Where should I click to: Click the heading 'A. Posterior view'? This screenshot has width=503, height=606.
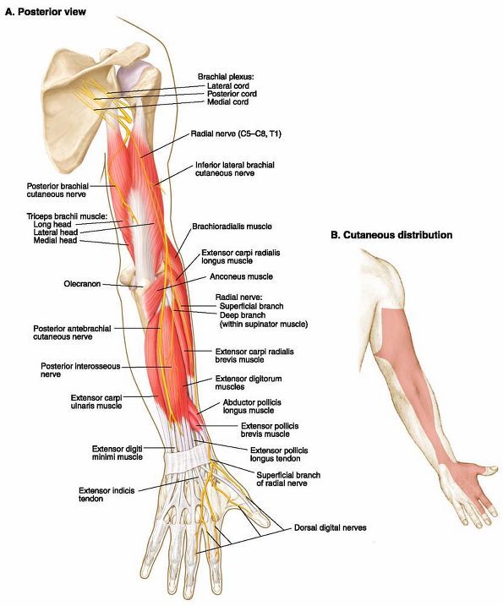pos(46,12)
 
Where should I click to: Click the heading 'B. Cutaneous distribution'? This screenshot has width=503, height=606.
pos(391,235)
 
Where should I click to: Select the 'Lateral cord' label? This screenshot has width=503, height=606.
pos(228,86)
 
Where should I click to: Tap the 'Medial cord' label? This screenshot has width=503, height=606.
pos(227,102)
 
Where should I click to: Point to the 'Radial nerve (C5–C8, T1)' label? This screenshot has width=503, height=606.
pos(236,134)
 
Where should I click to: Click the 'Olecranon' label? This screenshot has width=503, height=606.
pos(82,284)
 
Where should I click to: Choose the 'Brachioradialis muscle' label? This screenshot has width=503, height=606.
pos(232,227)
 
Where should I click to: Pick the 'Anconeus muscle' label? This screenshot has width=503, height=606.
pos(241,276)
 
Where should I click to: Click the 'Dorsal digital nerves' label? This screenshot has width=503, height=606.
pos(331,527)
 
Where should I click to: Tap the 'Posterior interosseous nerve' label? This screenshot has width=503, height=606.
pos(80,370)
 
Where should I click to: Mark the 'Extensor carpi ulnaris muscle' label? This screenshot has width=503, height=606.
pos(96,402)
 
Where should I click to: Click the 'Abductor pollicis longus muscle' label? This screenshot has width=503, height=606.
pos(252,407)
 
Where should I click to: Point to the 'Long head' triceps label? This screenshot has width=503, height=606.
pos(52,225)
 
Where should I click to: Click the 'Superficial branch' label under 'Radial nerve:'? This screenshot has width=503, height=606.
pos(252,307)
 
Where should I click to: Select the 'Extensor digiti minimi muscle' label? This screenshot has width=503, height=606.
pos(118,453)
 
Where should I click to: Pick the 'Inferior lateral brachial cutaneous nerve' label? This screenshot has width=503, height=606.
pos(235,169)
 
